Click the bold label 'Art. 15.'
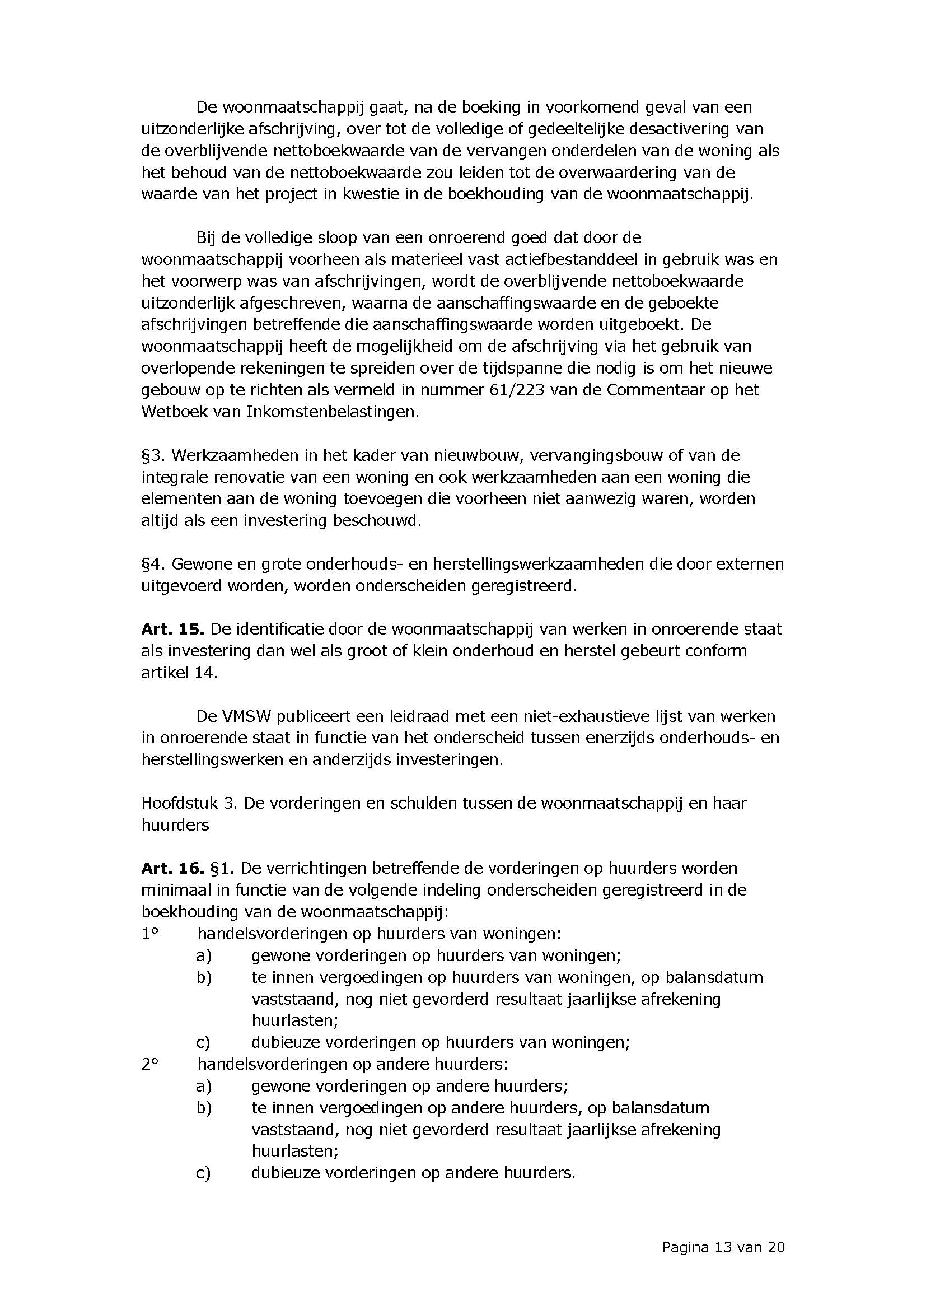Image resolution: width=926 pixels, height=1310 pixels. coord(173,630)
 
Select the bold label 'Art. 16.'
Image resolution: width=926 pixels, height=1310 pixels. coord(173,869)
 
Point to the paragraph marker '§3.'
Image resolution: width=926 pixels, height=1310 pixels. coord(153,455)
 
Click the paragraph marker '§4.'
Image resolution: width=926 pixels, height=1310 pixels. coord(153,565)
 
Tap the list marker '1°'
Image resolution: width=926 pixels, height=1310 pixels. coord(149,934)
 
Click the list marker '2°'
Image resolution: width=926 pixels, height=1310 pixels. coord(149,1064)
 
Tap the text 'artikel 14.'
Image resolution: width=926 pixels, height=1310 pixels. coord(179,673)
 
